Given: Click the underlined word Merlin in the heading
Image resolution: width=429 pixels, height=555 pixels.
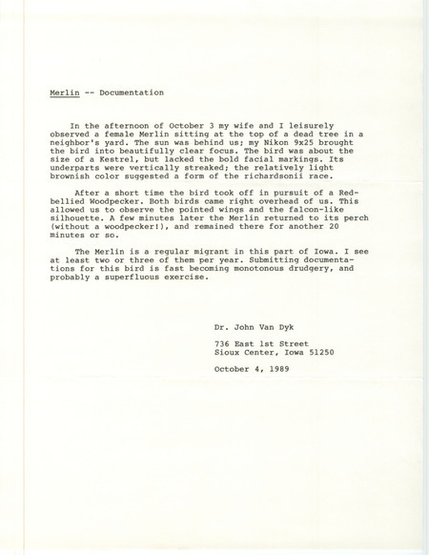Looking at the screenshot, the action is click(63, 93).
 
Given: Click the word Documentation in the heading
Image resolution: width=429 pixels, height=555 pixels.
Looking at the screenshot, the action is click(130, 93).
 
